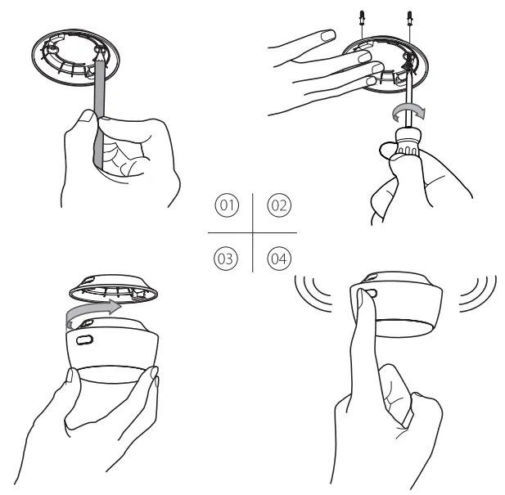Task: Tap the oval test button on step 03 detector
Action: tap(85, 338)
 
